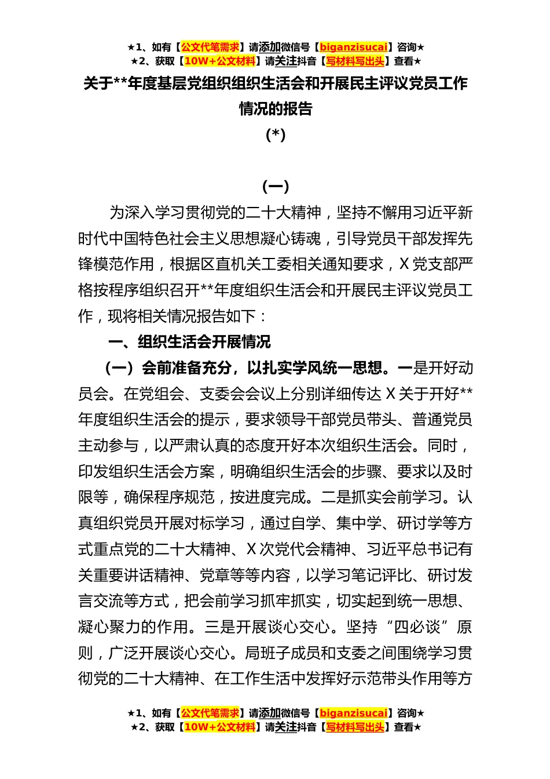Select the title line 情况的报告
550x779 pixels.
pos(276,109)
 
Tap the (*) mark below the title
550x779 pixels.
pos(276,134)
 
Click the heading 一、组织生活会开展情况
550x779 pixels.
pos(189,342)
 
